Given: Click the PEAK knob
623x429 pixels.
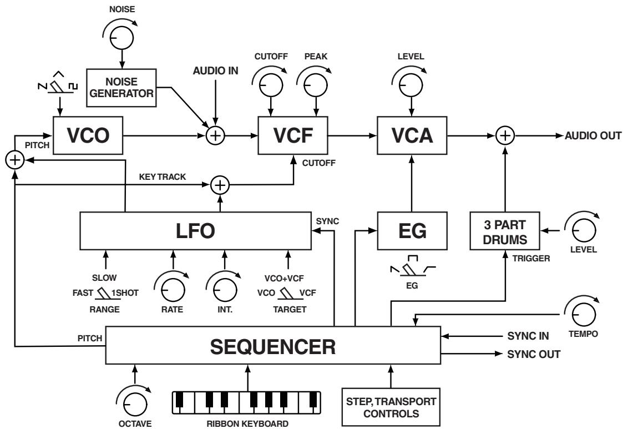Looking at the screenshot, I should point(315,83).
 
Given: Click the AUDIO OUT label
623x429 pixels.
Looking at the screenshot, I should point(592,135).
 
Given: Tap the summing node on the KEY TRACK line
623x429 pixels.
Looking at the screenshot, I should point(221,184).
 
